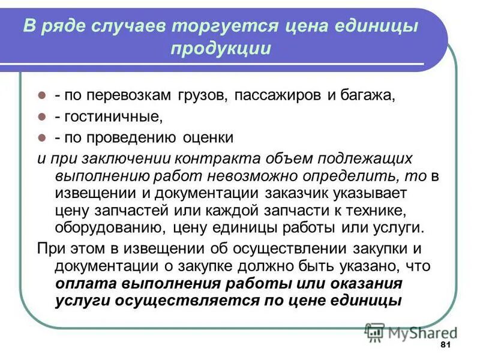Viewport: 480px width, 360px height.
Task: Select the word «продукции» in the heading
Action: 220,49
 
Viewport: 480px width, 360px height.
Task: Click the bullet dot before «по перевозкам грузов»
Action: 43,95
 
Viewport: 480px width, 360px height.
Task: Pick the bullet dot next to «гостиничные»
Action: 43,116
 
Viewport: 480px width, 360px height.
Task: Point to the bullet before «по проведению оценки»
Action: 43,137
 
